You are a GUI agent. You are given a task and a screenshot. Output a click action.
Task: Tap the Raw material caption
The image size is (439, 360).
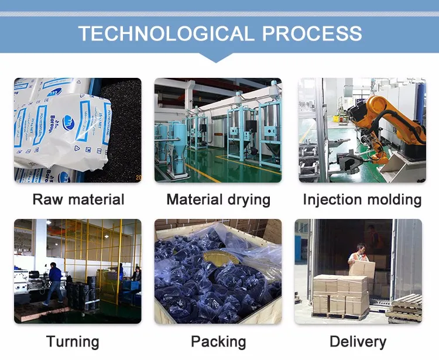click(78, 199)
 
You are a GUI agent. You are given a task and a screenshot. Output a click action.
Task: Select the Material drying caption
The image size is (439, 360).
click(218, 199)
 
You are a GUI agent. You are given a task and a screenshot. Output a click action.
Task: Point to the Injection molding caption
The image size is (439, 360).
click(362, 199)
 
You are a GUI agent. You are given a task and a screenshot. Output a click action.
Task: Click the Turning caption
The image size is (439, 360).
click(73, 341)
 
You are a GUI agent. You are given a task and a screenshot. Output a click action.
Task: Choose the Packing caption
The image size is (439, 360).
click(218, 341)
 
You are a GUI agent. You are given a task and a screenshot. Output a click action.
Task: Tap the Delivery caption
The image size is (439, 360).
click(358, 341)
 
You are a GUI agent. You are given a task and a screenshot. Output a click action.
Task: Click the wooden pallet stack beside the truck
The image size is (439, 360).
click(406, 307)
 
